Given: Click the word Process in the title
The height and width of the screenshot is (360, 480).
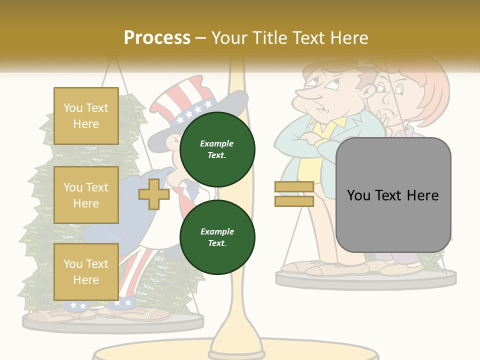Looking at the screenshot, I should (x=157, y=38).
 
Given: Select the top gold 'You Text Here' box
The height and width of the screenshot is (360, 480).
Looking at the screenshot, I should (x=86, y=116).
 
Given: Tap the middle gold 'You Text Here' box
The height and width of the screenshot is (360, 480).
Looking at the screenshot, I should (x=86, y=195).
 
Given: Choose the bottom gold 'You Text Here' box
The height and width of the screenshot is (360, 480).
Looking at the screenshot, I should (x=86, y=271).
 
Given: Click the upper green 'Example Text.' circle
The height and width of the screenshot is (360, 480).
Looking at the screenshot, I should (x=217, y=149).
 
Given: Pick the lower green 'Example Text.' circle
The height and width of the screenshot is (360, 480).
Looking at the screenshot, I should (x=217, y=237).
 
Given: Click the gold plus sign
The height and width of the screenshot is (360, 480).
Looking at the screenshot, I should (x=153, y=194).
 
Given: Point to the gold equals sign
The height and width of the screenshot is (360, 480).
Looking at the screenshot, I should (x=294, y=194).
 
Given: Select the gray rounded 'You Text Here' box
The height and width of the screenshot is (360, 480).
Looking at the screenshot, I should (x=393, y=195).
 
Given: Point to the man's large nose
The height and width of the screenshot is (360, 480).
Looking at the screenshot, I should (x=303, y=94).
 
